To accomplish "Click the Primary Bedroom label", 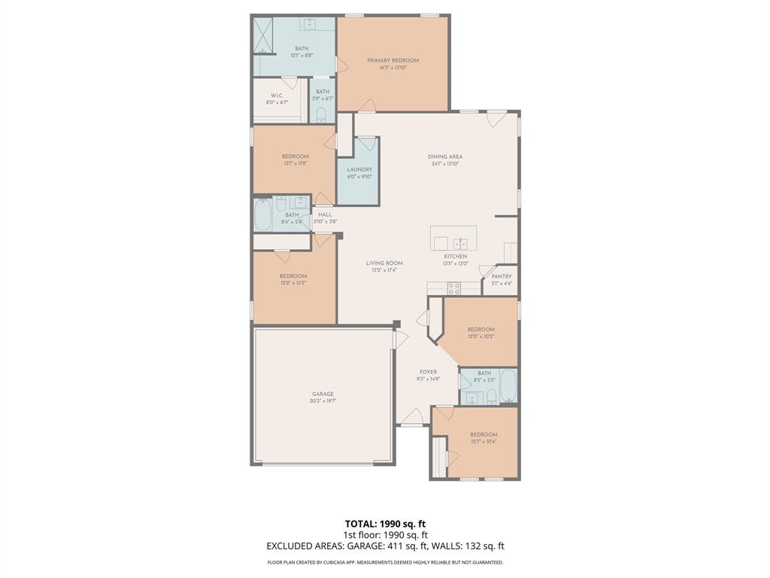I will (x=393, y=60).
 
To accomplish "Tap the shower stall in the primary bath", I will (x=262, y=35).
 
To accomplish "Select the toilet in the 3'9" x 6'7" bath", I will (x=322, y=114).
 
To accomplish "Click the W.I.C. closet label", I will (x=276, y=96).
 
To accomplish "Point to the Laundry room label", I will (x=359, y=169).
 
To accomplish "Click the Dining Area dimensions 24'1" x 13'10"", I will (x=447, y=164).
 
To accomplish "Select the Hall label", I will (x=325, y=214).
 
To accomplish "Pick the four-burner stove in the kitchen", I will (x=453, y=287).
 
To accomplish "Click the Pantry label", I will (x=502, y=276).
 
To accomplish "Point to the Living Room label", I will (x=384, y=263).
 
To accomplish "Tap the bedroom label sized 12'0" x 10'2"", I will (x=480, y=330).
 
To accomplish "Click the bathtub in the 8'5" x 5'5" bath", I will (x=508, y=386).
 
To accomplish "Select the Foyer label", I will (x=428, y=372).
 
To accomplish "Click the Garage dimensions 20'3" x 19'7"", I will (x=323, y=401).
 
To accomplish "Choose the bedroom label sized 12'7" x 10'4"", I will (x=484, y=434).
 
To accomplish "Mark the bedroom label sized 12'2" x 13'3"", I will (x=293, y=276).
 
